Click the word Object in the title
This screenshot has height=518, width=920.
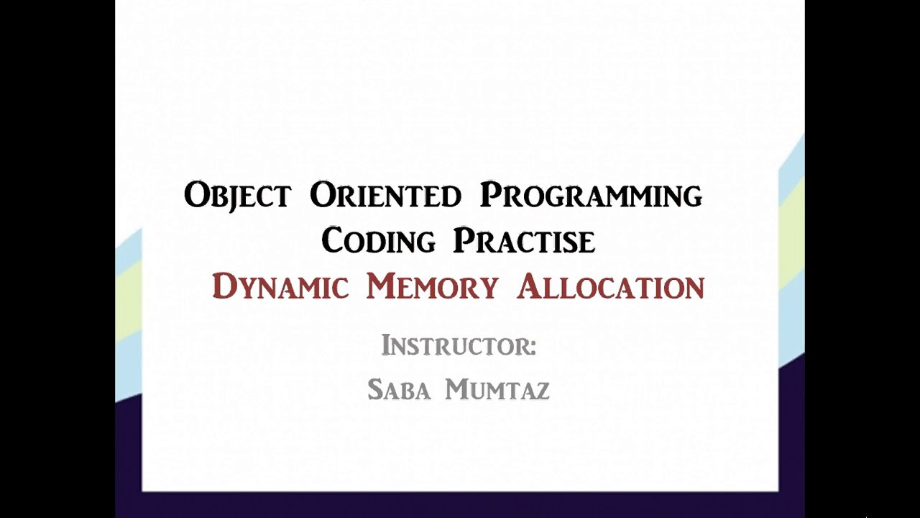237,196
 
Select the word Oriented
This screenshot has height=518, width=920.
385,196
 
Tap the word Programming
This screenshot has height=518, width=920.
591,196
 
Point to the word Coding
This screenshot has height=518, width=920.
378,241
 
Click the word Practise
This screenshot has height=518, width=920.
524,241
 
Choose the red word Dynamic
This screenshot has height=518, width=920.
280,287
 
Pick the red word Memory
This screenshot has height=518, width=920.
432,287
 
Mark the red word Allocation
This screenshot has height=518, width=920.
611,287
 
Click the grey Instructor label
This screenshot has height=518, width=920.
459,346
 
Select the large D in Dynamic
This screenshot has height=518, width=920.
224,286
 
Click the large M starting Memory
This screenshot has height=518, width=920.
381,286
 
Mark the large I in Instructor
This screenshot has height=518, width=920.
385,345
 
